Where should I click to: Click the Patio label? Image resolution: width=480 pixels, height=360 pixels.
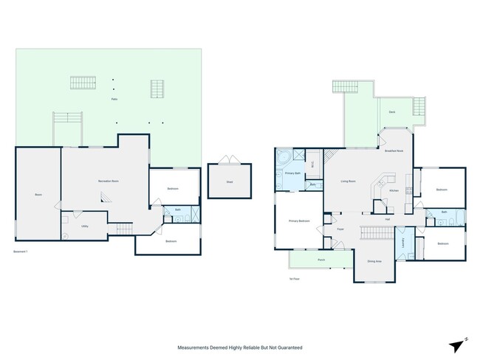(x=114, y=99)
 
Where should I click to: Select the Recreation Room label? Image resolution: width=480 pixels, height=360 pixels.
(x=109, y=181)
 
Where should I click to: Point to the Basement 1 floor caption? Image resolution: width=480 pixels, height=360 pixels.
(x=21, y=252)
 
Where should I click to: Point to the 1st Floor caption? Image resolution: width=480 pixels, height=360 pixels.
(x=294, y=279)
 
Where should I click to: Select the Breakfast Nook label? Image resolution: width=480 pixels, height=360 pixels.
(x=394, y=150)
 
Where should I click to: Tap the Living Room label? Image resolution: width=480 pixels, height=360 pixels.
(x=349, y=181)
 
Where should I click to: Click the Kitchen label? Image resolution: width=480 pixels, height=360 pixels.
(x=394, y=190)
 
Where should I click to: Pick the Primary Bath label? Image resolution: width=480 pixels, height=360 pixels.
(x=292, y=173)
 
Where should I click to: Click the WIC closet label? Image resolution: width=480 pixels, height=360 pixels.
(x=312, y=163)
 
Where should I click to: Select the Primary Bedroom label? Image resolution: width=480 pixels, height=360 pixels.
(x=299, y=221)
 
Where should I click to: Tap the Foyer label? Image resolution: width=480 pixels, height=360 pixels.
(x=340, y=229)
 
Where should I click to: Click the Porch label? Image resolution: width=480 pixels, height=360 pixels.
(x=321, y=260)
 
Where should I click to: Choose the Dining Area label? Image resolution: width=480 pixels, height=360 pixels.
(x=374, y=261)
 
